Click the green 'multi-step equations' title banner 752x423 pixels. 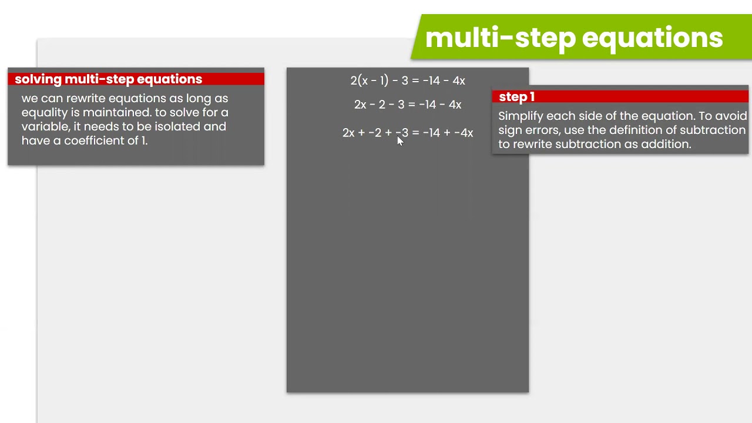[573, 38]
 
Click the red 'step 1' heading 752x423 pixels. [516, 97]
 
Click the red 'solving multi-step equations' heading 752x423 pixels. [108, 79]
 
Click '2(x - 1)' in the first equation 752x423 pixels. [370, 81]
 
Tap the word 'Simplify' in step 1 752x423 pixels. [521, 116]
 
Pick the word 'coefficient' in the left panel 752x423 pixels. [102, 140]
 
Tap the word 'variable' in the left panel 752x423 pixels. [45, 126]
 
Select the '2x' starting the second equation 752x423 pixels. [361, 105]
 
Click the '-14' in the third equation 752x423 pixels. [431, 133]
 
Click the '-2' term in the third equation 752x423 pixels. [375, 133]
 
